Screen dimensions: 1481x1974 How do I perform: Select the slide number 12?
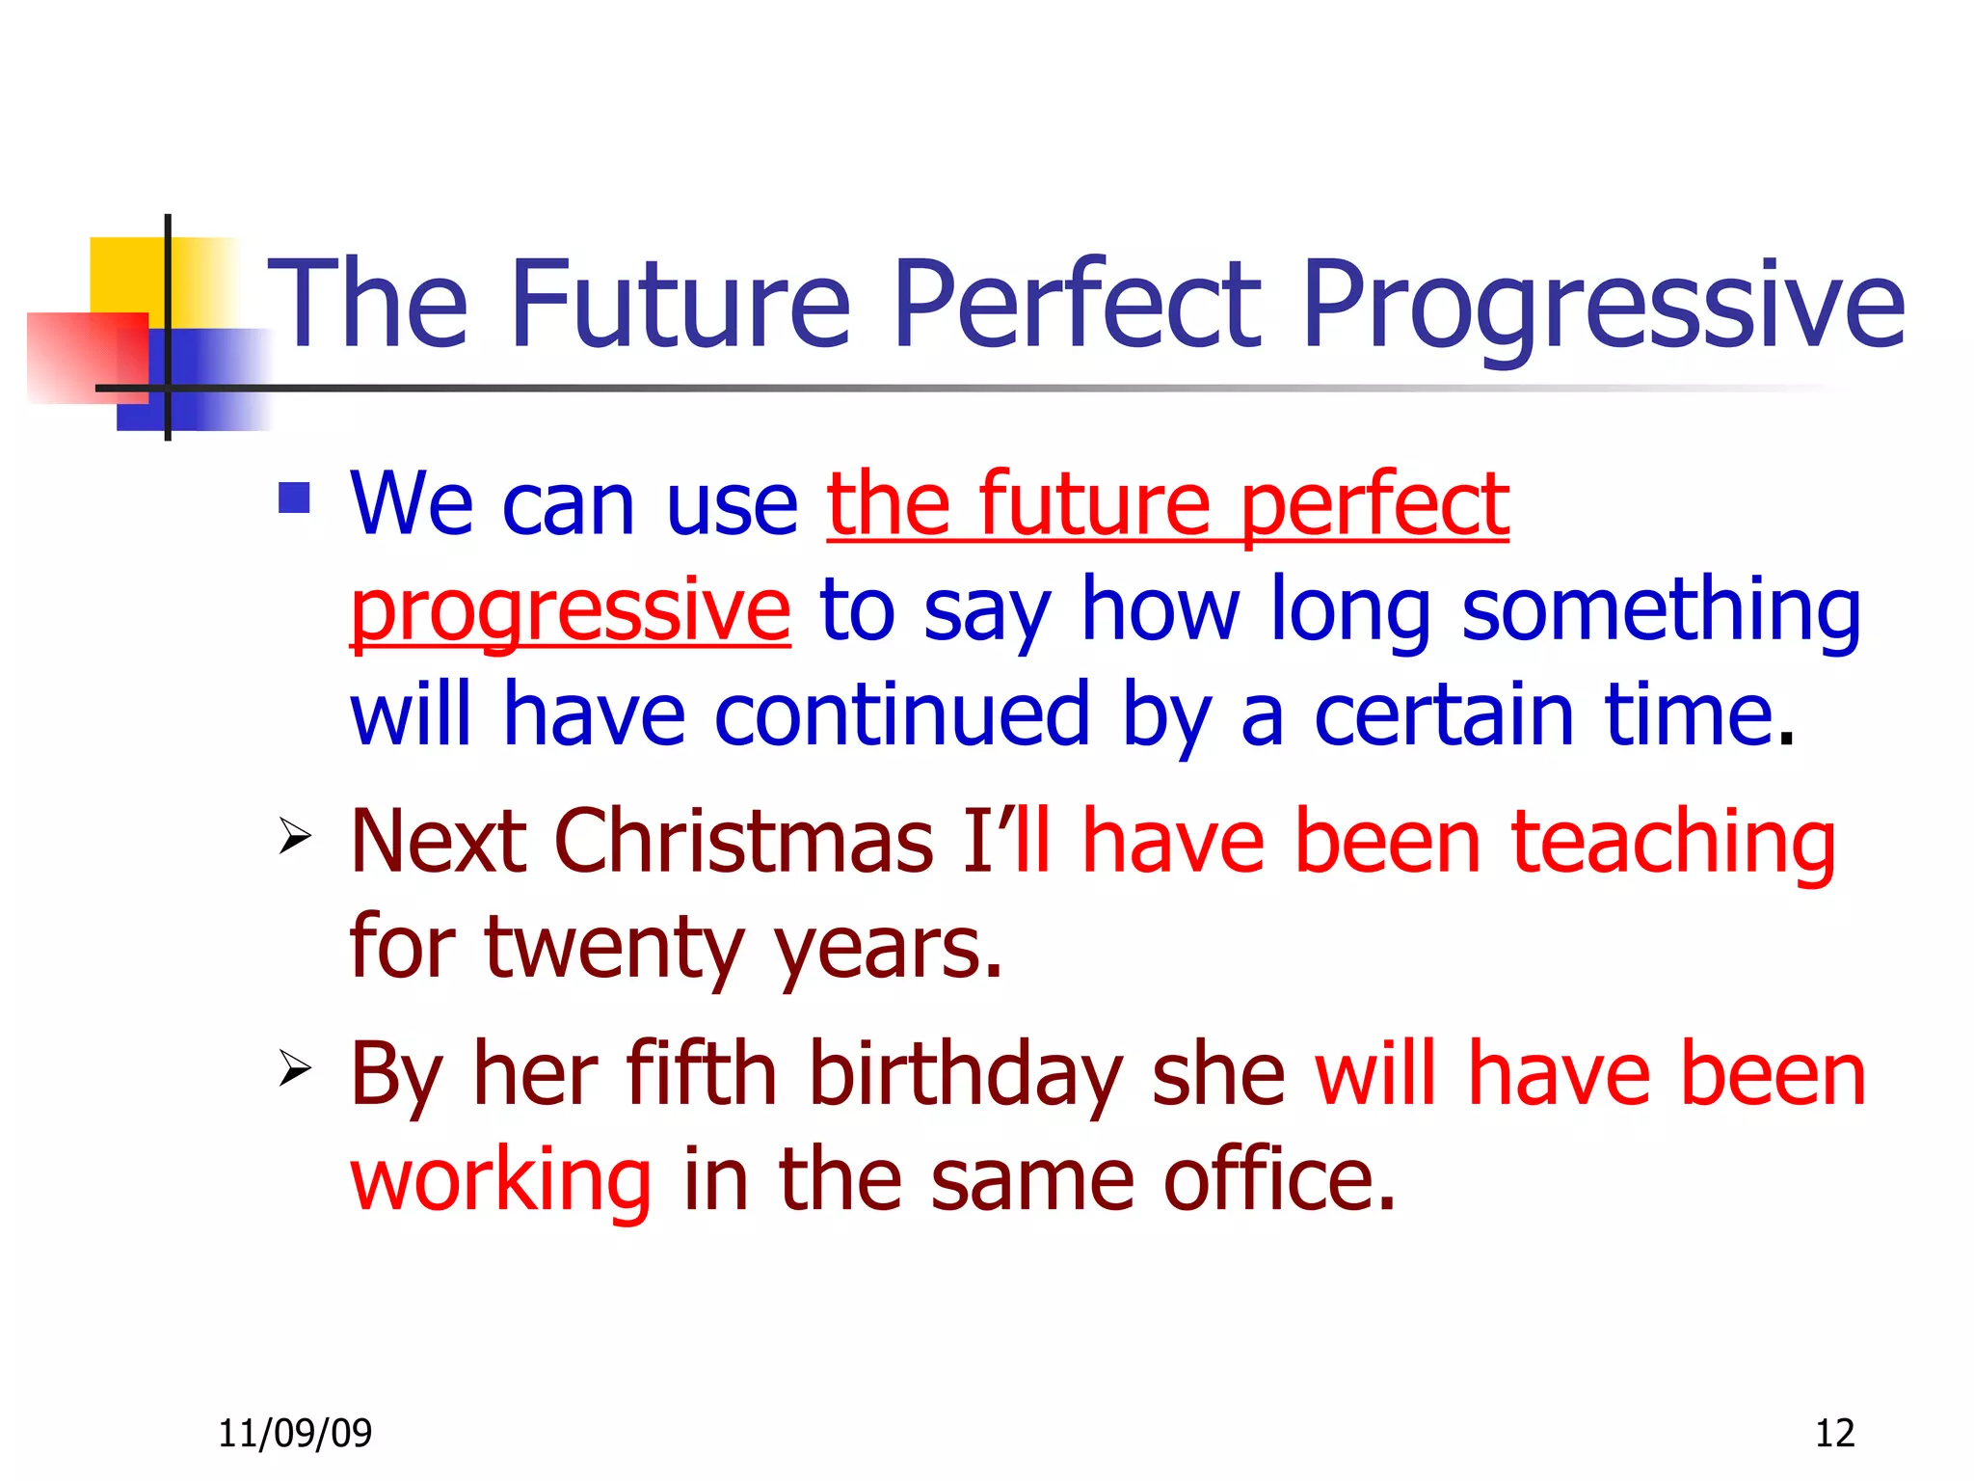pos(1834,1434)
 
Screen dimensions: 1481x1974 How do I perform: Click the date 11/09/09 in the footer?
pos(295,1434)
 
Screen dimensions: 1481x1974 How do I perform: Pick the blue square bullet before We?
pos(294,498)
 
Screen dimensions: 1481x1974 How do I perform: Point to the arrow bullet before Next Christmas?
pos(295,835)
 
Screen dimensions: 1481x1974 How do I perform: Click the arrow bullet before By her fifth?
pos(295,1068)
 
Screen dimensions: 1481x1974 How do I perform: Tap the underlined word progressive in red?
pos(570,611)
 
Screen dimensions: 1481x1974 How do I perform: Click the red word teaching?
pos(1673,842)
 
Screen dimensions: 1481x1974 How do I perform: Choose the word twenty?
pos(614,947)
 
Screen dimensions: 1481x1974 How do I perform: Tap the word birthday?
pos(966,1075)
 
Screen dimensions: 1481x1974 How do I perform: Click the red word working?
pos(501,1181)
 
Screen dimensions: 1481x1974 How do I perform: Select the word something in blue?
pos(1661,611)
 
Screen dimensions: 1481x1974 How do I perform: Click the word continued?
pos(902,714)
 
